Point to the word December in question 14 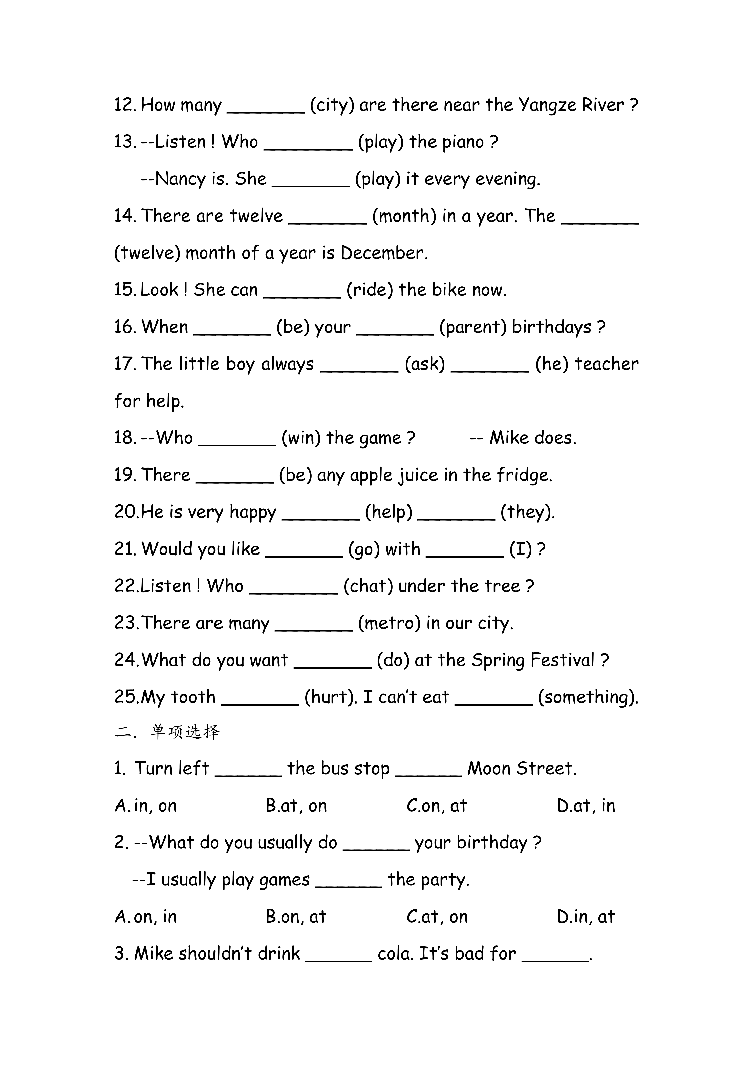coord(383,253)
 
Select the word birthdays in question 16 coord(551,328)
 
